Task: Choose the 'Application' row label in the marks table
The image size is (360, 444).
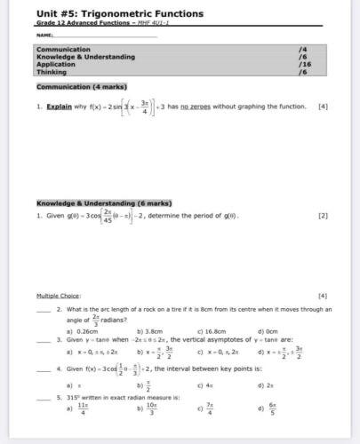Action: pos(55,64)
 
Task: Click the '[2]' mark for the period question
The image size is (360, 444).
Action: pos(322,215)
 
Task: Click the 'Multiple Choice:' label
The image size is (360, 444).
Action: pos(59,295)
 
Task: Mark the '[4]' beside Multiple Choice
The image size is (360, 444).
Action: pos(322,295)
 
